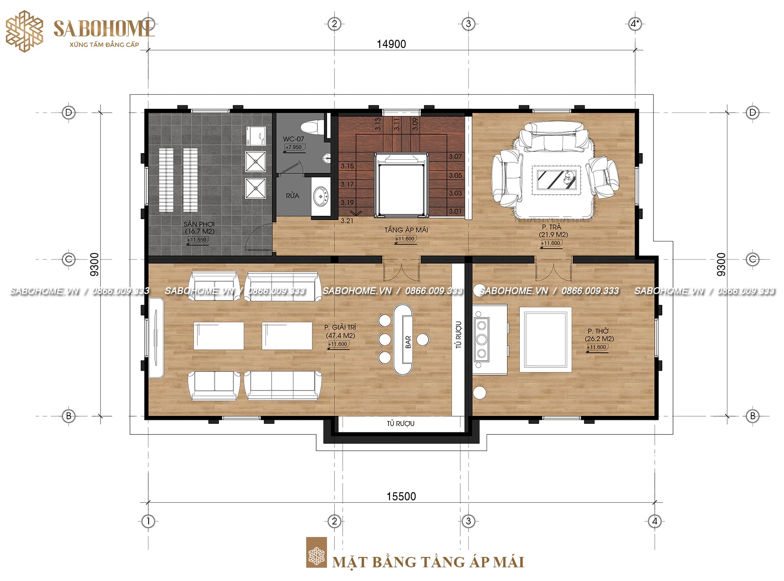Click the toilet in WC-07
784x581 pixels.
(x=311, y=127)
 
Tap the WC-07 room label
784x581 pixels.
(x=293, y=139)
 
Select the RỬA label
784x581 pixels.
(x=292, y=195)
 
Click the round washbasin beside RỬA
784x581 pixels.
(x=321, y=196)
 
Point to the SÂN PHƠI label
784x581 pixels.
(x=199, y=224)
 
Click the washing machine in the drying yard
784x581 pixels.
(x=256, y=136)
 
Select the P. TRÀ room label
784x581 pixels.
(x=551, y=227)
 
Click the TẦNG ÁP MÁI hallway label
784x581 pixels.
(x=406, y=230)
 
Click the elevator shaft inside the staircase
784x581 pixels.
(x=401, y=185)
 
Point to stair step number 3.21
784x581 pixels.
(x=347, y=221)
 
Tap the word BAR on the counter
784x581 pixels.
(x=408, y=342)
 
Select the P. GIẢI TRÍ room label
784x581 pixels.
(x=340, y=327)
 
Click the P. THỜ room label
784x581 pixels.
(x=598, y=331)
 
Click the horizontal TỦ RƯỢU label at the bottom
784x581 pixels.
(x=401, y=424)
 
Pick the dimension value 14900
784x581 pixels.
(x=391, y=44)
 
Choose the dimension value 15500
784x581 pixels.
(x=401, y=496)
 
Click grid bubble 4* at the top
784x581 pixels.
(x=634, y=24)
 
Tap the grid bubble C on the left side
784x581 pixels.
(x=69, y=259)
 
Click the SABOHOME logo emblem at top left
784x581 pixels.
(x=25, y=31)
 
